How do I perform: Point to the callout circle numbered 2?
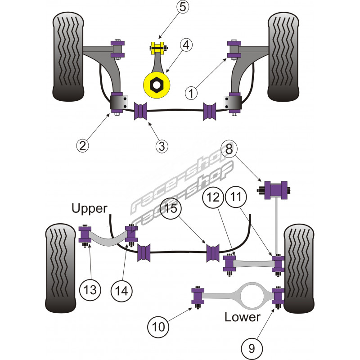(x=82, y=144)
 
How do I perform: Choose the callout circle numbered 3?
(x=162, y=146)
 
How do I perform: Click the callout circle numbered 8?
(x=229, y=149)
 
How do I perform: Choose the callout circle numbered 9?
(x=252, y=347)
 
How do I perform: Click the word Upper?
(x=89, y=208)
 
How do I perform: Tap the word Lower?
(x=242, y=317)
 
